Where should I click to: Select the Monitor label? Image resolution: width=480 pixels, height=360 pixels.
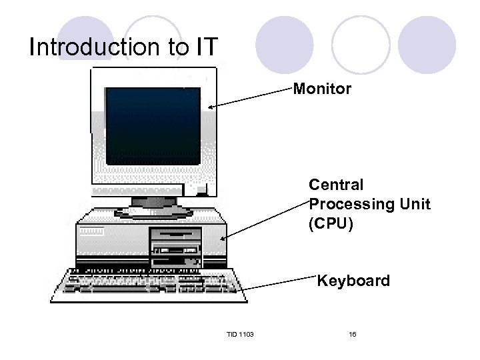[322, 89]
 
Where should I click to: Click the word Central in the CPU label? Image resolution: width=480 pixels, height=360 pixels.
[336, 185]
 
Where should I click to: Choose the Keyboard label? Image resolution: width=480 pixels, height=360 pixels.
[353, 281]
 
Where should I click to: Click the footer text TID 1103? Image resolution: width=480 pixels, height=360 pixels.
[240, 333]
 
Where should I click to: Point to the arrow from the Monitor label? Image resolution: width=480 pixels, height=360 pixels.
[250, 97]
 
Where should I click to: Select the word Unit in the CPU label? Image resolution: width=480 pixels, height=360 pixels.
[415, 204]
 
